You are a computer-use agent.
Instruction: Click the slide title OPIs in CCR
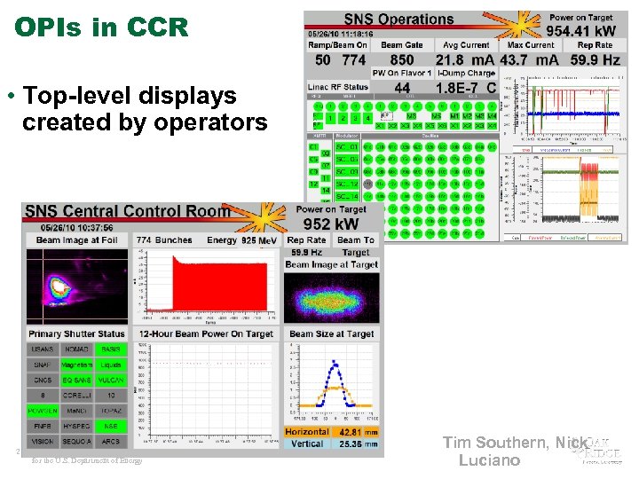coord(102,27)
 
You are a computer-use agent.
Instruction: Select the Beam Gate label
coord(402,45)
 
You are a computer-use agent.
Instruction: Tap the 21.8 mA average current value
coord(462,60)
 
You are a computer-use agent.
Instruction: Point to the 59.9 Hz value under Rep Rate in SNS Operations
coord(595,60)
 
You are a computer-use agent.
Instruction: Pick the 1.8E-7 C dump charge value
coord(466,89)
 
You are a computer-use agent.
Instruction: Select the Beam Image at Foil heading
coord(77,240)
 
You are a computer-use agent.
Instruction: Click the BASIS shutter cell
coord(111,349)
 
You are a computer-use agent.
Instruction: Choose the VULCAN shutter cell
coord(111,380)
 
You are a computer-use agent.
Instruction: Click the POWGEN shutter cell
coord(43,411)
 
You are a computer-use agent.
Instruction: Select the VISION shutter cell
coord(43,441)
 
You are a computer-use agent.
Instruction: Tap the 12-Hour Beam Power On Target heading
coord(205,334)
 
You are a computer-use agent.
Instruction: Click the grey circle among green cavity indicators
coord(354,184)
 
